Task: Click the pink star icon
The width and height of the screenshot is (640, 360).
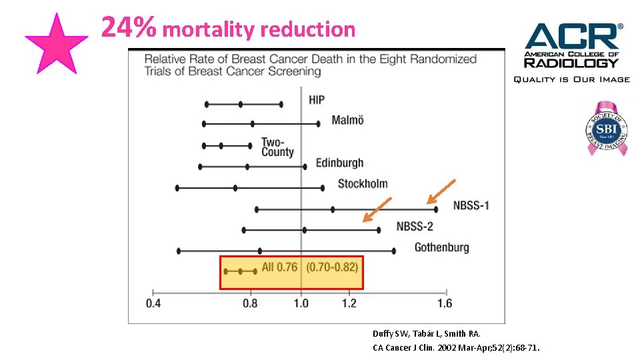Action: click(56, 44)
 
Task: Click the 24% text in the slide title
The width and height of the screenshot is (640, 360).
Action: click(129, 28)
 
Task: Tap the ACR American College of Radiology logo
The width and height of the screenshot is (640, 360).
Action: click(571, 52)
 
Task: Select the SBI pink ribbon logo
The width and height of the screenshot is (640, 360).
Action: click(606, 129)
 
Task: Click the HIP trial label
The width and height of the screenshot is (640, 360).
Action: click(317, 100)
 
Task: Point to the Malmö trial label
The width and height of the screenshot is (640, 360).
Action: click(347, 120)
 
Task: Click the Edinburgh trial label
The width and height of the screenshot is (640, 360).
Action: click(339, 163)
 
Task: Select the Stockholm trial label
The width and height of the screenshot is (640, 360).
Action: click(363, 183)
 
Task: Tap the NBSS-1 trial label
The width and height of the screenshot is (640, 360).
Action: click(471, 205)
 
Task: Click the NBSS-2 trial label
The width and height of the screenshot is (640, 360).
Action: click(415, 226)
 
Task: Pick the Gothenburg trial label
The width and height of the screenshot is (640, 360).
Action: click(441, 247)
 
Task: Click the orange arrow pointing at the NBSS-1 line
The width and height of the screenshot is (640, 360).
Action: click(441, 191)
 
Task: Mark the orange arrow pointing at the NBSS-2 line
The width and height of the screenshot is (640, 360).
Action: click(377, 209)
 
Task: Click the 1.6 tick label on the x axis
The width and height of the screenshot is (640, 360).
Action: click(445, 303)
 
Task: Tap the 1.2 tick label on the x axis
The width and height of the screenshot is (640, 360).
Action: click(349, 303)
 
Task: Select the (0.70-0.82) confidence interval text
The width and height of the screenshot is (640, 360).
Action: click(332, 267)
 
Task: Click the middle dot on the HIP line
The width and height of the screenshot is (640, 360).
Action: click(241, 104)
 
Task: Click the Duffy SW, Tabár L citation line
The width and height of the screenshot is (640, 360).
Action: click(427, 333)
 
